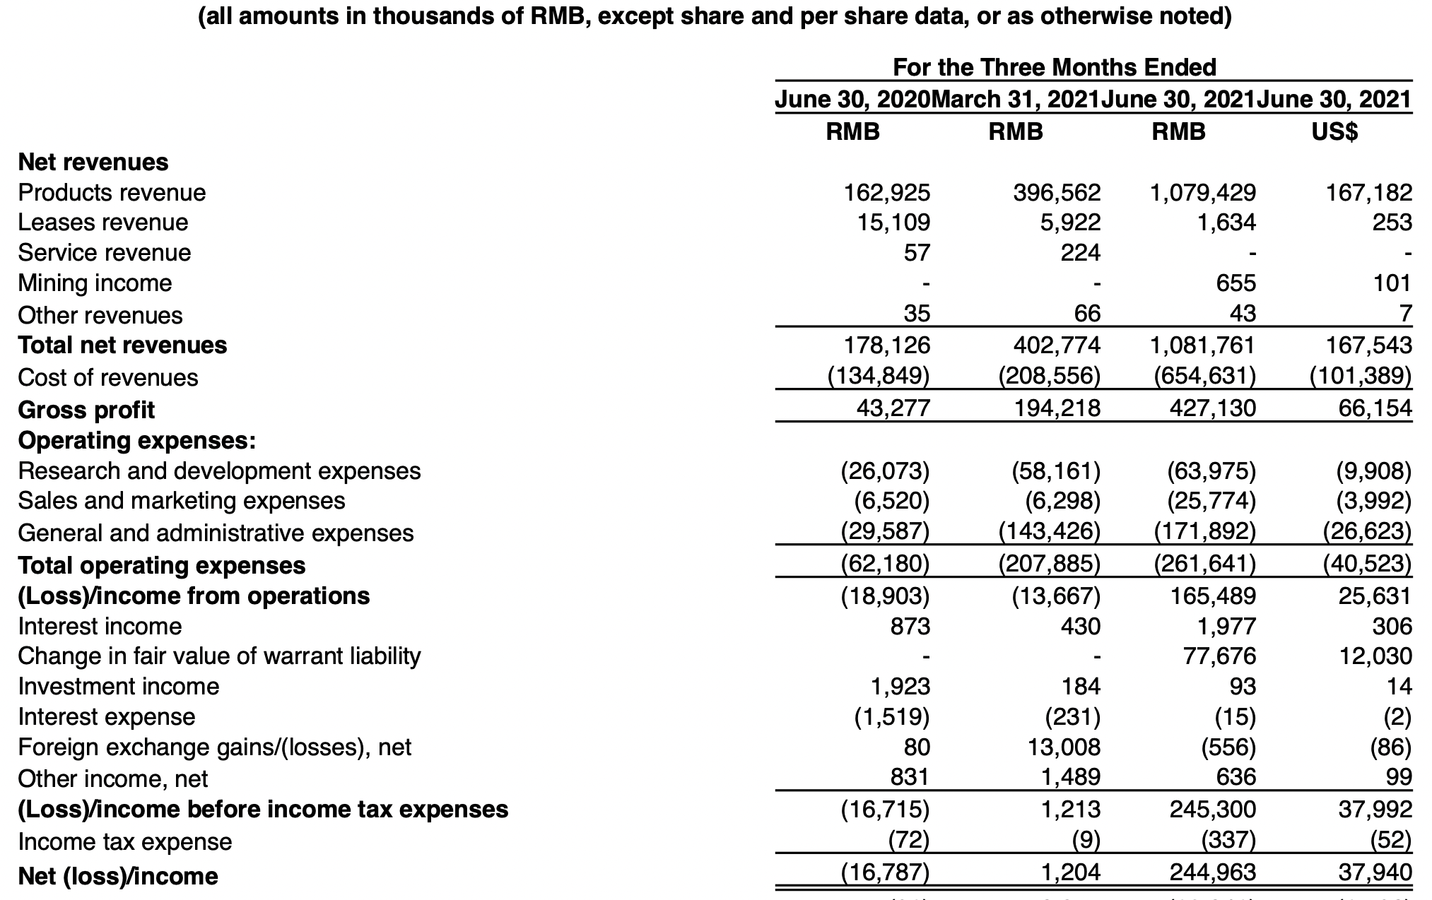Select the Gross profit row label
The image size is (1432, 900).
[86, 410]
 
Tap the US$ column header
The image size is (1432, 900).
[1334, 132]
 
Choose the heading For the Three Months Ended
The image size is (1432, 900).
[1055, 67]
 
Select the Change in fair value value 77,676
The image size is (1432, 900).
[1220, 656]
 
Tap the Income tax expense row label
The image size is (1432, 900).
[124, 841]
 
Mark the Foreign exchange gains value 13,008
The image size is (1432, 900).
[1064, 747]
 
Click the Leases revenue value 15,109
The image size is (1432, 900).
[894, 223]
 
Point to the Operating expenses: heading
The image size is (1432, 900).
[136, 440]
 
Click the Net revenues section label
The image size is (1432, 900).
[93, 162]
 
